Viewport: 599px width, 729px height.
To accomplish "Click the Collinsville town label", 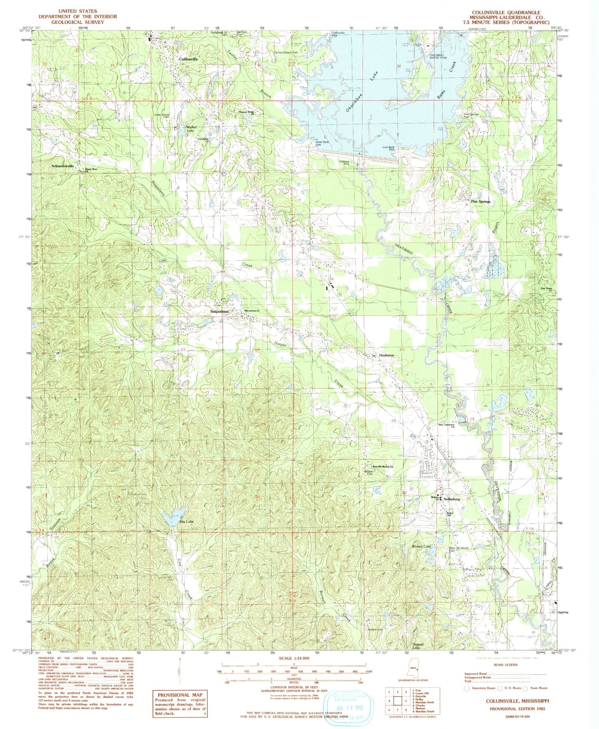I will pyautogui.click(x=188, y=59).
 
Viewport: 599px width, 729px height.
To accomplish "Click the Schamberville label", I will pyautogui.click(x=63, y=166).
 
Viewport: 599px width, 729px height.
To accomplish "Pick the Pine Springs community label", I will pyautogui.click(x=480, y=202).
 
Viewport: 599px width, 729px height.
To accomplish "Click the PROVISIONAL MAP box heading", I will pyautogui.click(x=181, y=695).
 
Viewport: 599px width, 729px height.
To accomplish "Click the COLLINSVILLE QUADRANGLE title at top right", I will pyautogui.click(x=504, y=13).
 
